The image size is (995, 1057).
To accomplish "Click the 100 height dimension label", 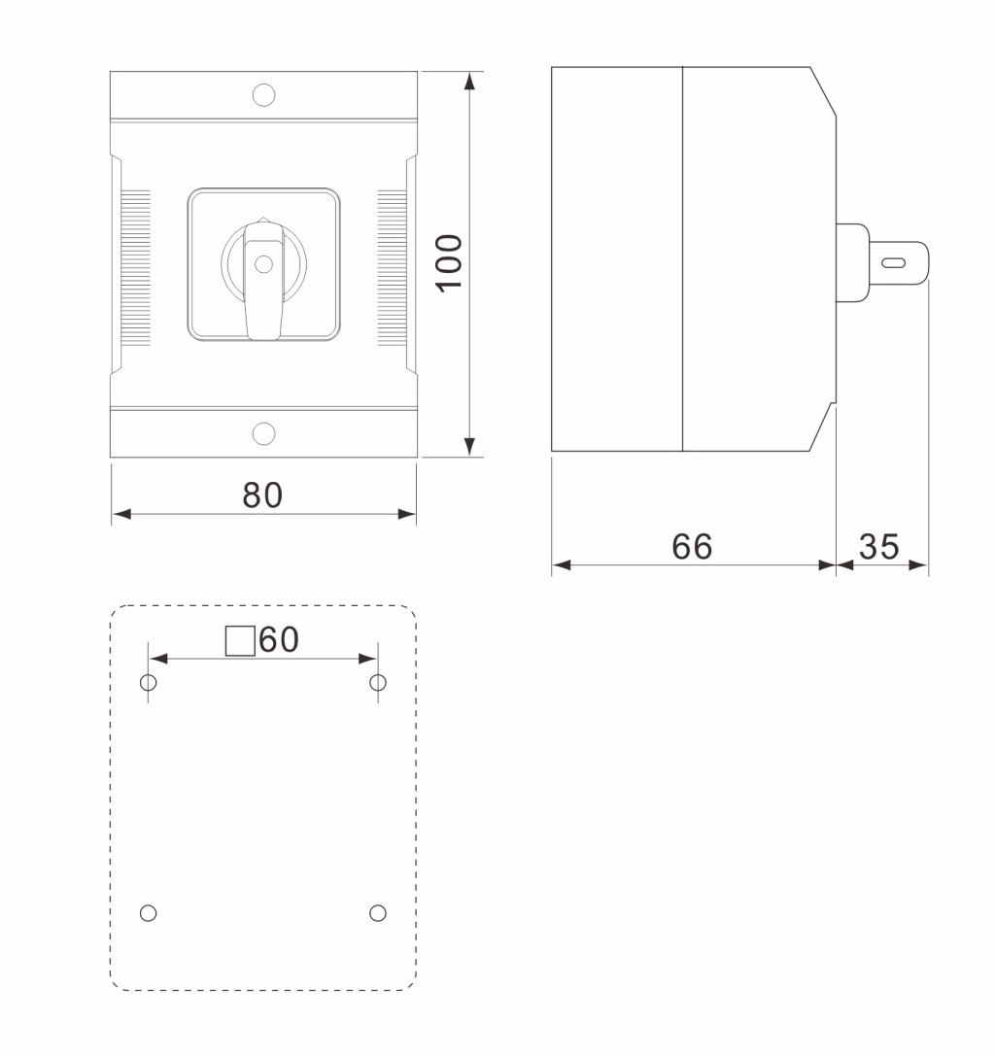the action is (449, 263).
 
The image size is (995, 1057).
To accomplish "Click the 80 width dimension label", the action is (263, 494).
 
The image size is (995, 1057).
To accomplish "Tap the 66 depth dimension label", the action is (692, 547).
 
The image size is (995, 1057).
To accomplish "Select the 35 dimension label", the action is (879, 547).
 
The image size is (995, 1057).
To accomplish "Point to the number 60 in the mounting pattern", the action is (279, 639).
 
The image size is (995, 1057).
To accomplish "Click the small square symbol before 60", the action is (240, 640).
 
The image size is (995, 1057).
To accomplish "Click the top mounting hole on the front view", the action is (263, 95).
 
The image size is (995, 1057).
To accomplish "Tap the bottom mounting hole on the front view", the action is (263, 433).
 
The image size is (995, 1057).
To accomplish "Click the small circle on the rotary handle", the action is (263, 263).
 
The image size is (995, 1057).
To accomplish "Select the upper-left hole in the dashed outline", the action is (149, 683).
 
